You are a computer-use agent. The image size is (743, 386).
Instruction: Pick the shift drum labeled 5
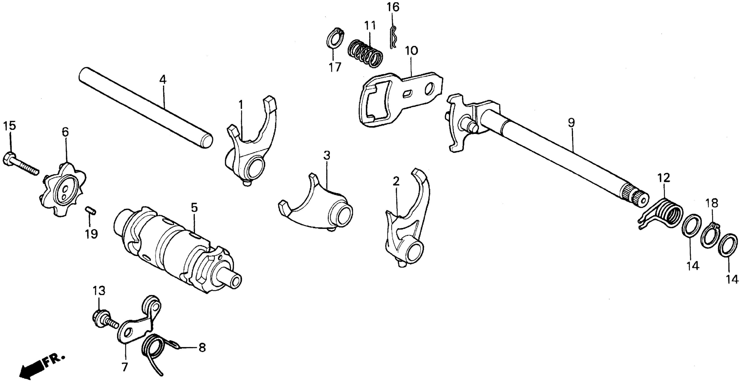[x=176, y=248]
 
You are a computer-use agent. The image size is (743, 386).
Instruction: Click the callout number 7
[x=124, y=367]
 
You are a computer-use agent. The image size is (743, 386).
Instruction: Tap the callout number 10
[x=411, y=51]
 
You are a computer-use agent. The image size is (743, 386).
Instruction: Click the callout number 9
[x=571, y=123]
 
